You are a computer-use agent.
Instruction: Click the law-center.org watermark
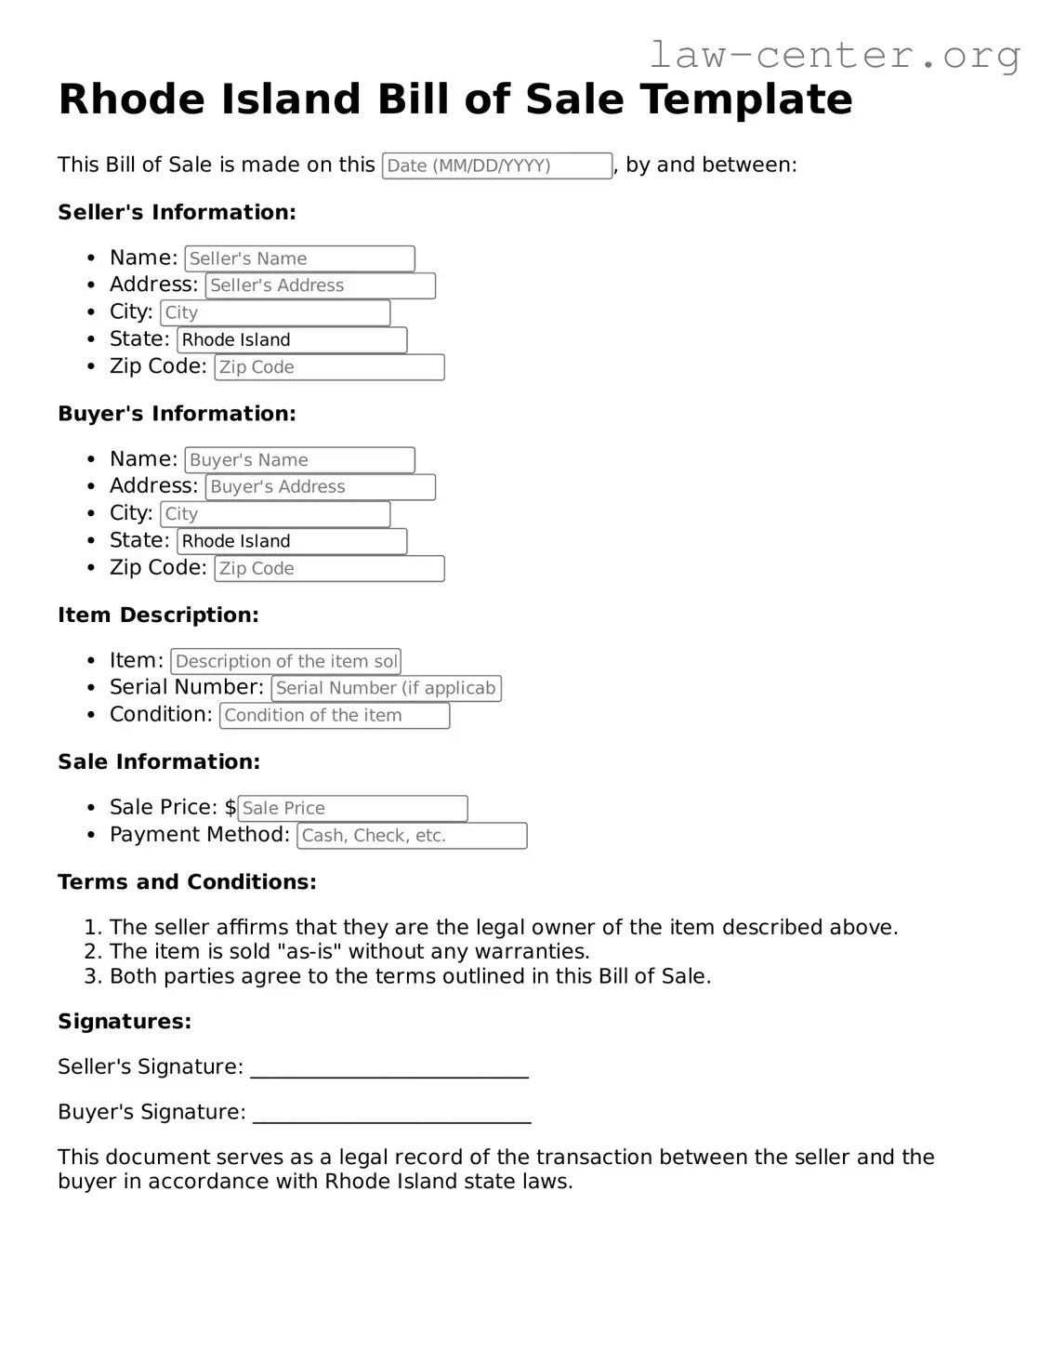834,55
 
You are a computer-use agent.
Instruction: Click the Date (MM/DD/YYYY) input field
496,165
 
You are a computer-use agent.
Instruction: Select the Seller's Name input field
299,258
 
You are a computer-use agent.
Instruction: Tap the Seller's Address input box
320,285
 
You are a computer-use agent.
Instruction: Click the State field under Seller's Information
292,340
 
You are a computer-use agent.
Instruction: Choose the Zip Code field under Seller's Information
329,367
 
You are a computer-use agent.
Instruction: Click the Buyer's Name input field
299,460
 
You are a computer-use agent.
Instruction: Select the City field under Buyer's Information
275,514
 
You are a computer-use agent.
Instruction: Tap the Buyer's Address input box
320,487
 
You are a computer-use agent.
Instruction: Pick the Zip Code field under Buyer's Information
329,569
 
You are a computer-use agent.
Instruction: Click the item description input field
285,661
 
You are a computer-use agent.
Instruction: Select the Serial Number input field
386,688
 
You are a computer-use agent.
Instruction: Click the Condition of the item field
335,716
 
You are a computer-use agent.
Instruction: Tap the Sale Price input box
352,809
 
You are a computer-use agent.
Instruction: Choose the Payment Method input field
412,836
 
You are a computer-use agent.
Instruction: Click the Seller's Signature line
389,1069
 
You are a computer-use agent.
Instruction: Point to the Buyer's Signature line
391,1115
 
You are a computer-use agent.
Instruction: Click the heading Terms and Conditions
187,881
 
